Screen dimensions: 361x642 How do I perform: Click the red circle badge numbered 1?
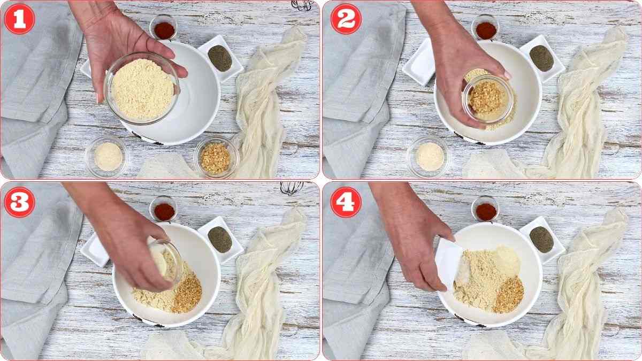point(19,19)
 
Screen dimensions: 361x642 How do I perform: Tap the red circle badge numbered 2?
point(346,19)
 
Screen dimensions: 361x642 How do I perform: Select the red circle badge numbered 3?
point(19,202)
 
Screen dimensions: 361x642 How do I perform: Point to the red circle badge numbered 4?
point(346,202)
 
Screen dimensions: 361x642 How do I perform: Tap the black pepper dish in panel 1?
point(220,57)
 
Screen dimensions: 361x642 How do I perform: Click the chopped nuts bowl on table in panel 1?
point(216,157)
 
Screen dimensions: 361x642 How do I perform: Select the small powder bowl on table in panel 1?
point(108,156)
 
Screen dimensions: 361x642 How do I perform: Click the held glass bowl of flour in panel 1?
point(142,88)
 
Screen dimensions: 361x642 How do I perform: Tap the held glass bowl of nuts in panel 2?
point(487,99)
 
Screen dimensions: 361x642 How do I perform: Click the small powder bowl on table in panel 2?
point(430,156)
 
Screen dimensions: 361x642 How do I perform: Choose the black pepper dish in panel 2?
point(541,57)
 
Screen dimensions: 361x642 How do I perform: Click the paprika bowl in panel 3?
point(164,210)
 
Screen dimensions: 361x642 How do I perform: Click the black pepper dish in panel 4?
point(541,239)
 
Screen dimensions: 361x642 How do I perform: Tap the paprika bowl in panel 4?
point(486,210)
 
